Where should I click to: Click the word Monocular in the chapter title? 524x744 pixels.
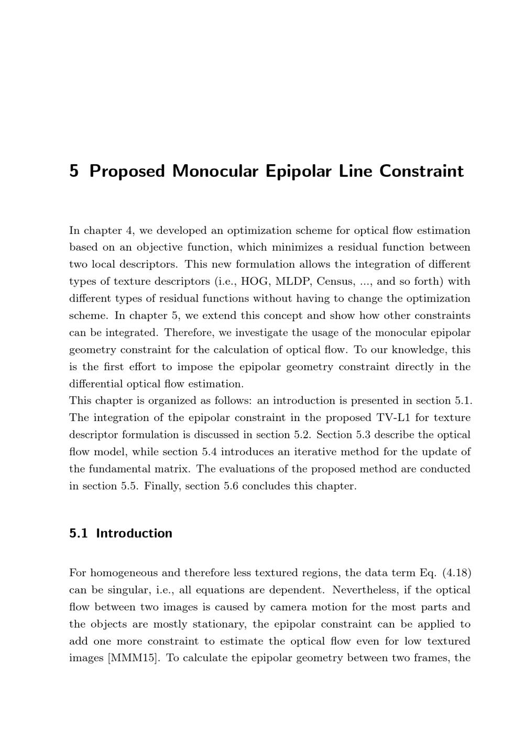(215, 171)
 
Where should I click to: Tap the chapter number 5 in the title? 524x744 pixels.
(74, 171)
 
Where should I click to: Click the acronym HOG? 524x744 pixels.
(254, 282)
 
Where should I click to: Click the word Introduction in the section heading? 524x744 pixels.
(134, 533)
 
